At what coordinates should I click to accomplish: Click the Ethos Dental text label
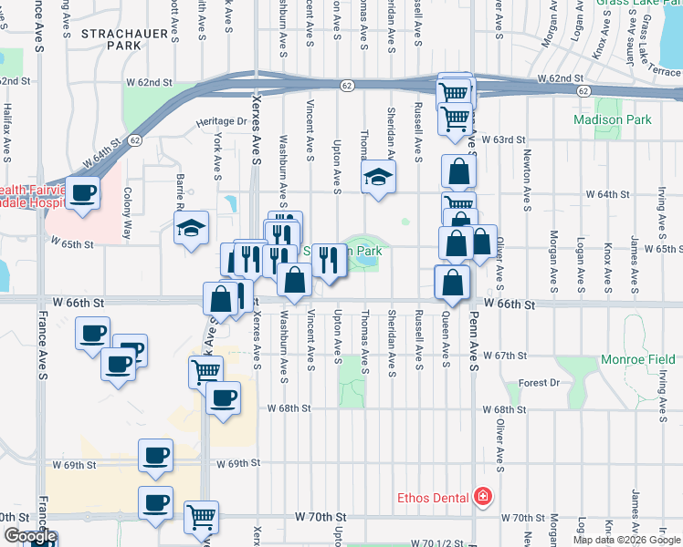[433, 498]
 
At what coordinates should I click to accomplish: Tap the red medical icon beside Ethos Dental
[482, 498]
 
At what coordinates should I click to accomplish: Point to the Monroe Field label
[638, 360]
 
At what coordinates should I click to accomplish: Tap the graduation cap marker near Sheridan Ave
[379, 177]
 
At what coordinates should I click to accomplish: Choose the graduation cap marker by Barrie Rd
[192, 229]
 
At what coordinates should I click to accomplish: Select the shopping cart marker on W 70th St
[202, 517]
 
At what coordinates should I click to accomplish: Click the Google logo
[29, 537]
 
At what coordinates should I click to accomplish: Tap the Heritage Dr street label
[222, 121]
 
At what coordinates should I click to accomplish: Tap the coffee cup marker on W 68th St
[223, 397]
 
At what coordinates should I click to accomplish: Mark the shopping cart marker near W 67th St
[205, 371]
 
